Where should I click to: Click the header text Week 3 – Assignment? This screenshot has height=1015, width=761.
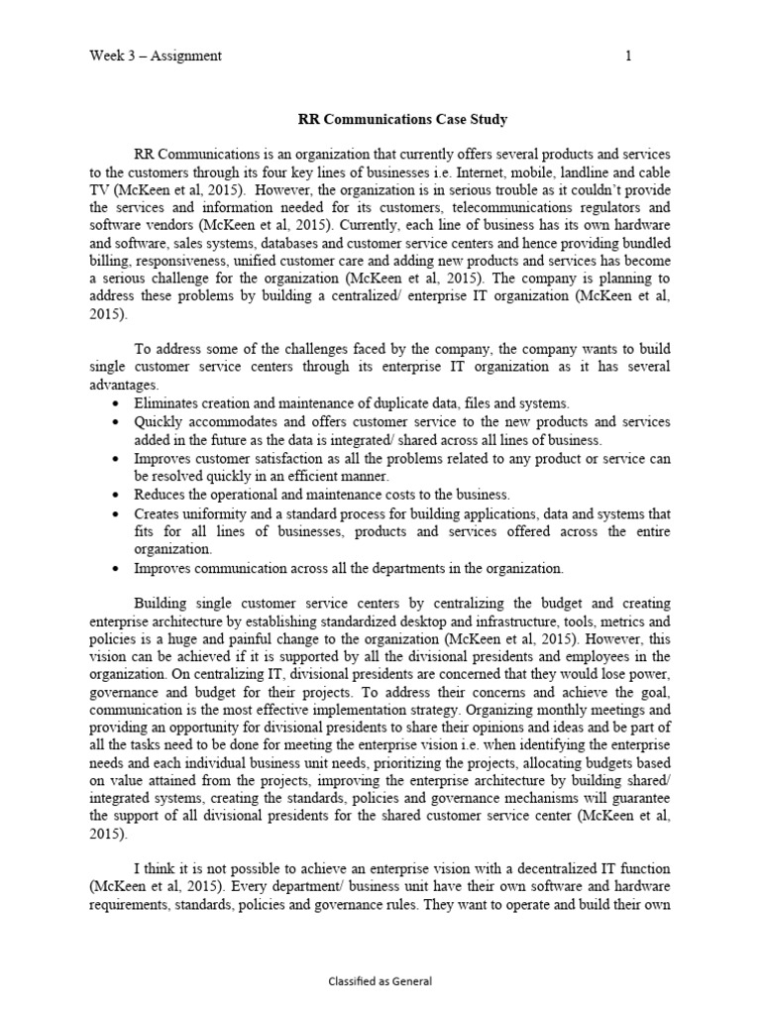(x=155, y=56)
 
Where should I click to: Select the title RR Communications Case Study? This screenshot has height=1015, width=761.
(x=402, y=120)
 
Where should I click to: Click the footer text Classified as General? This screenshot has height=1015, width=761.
(x=380, y=981)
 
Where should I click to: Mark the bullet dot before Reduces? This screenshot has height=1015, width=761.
(x=118, y=495)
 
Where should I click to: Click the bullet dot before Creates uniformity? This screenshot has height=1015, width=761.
(x=118, y=513)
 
